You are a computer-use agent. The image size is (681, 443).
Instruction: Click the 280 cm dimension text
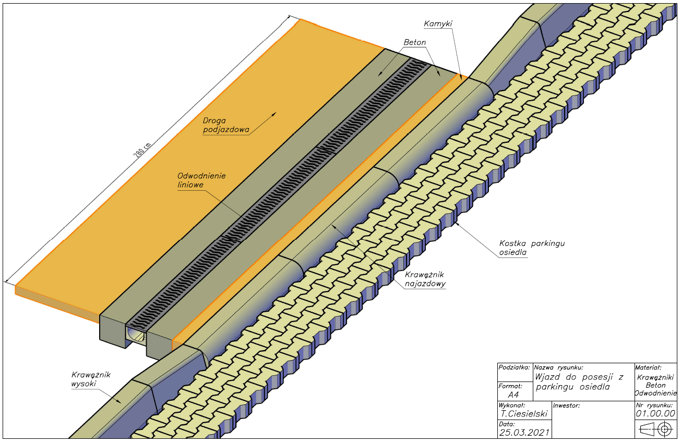pyautogui.click(x=142, y=150)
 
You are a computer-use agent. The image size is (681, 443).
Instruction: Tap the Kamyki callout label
pyautogui.click(x=438, y=23)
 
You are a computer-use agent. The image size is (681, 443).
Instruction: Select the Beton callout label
pyautogui.click(x=415, y=42)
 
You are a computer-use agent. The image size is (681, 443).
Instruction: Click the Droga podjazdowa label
pyautogui.click(x=226, y=125)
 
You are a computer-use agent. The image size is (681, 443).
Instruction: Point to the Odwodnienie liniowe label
pyautogui.click(x=201, y=180)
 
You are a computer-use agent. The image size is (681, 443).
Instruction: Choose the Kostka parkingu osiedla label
pyautogui.click(x=532, y=248)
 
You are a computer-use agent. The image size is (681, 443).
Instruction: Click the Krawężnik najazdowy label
pyautogui.click(x=425, y=279)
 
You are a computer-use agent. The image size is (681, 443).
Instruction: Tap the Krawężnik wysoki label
pyautogui.click(x=91, y=379)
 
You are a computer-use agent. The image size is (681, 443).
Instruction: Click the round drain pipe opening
pyautogui.click(x=136, y=335)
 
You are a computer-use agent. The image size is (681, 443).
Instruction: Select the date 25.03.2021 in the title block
pyautogui.click(x=524, y=433)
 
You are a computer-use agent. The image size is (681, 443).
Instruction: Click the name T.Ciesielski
pyautogui.click(x=524, y=413)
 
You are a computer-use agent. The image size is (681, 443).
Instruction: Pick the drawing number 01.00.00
pyautogui.click(x=655, y=413)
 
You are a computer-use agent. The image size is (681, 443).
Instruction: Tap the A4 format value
pyautogui.click(x=513, y=395)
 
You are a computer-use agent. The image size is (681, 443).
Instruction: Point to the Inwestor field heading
pyautogui.click(x=566, y=405)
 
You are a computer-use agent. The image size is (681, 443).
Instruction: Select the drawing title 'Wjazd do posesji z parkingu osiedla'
pyautogui.click(x=579, y=382)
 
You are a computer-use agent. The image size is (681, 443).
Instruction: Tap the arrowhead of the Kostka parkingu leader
pyautogui.click(x=457, y=224)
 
